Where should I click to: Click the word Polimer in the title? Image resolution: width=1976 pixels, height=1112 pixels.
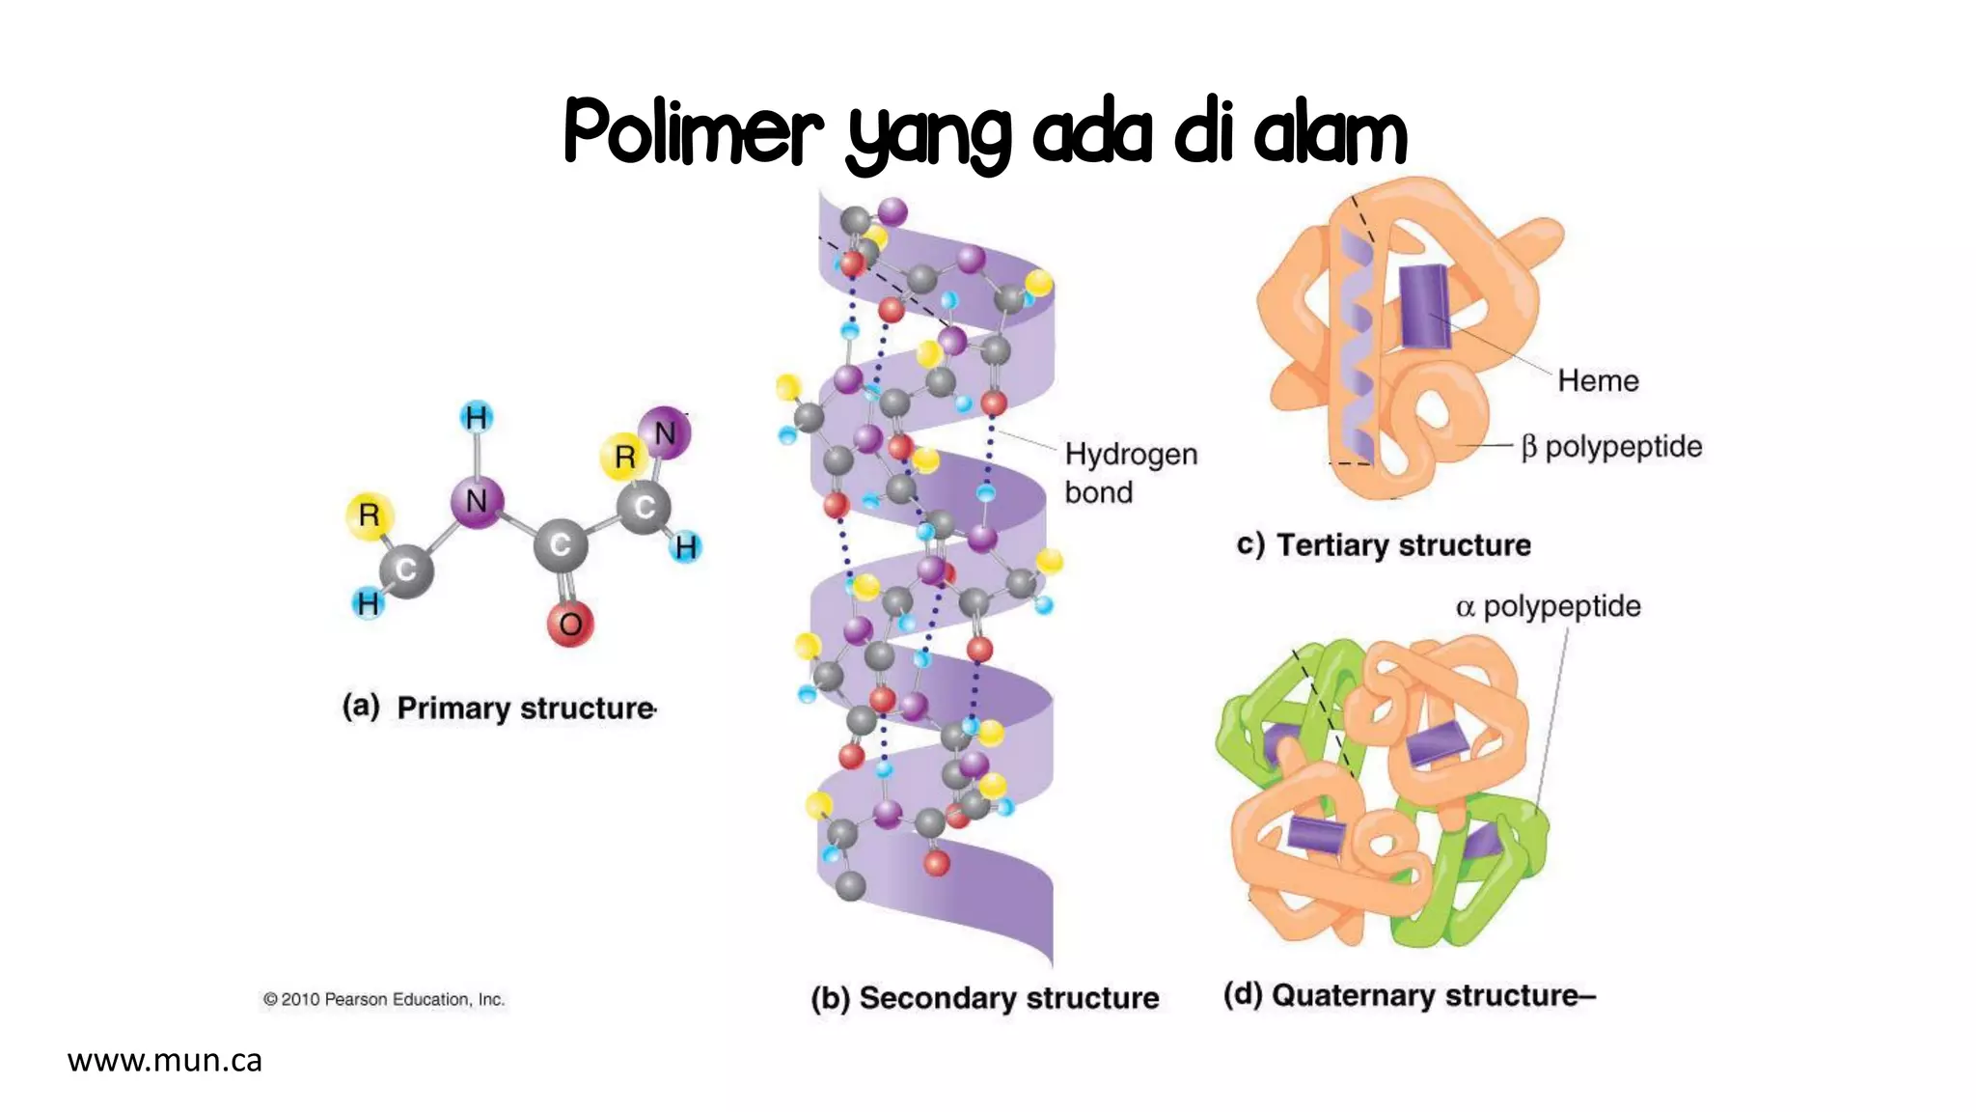[693, 131]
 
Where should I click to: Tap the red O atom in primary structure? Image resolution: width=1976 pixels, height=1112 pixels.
[570, 624]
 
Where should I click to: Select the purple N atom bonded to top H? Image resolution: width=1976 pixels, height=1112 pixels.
[477, 501]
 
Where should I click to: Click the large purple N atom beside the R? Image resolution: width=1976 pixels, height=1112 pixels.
[665, 433]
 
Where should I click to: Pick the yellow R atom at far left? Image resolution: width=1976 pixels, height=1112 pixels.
[369, 515]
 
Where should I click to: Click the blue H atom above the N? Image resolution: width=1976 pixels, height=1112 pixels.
[477, 417]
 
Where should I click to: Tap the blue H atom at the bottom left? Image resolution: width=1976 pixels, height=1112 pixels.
[368, 603]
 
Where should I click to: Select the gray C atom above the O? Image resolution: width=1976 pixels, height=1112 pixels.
[561, 546]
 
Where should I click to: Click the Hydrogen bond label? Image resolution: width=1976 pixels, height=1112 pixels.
[1130, 473]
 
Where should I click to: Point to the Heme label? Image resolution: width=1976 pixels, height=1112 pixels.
[1598, 380]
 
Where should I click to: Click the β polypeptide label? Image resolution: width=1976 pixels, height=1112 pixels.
[1611, 447]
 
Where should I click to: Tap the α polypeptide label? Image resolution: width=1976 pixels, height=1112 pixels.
[1548, 606]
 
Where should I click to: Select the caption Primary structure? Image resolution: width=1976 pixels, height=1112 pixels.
[526, 709]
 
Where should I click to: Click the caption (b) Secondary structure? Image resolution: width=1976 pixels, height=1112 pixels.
[985, 997]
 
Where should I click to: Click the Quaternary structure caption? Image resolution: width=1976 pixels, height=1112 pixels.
[1409, 995]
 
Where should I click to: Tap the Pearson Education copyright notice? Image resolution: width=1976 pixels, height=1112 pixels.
[384, 999]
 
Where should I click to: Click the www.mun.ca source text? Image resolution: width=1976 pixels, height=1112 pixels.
[165, 1060]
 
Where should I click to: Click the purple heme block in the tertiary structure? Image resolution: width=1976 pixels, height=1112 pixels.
[1424, 306]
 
